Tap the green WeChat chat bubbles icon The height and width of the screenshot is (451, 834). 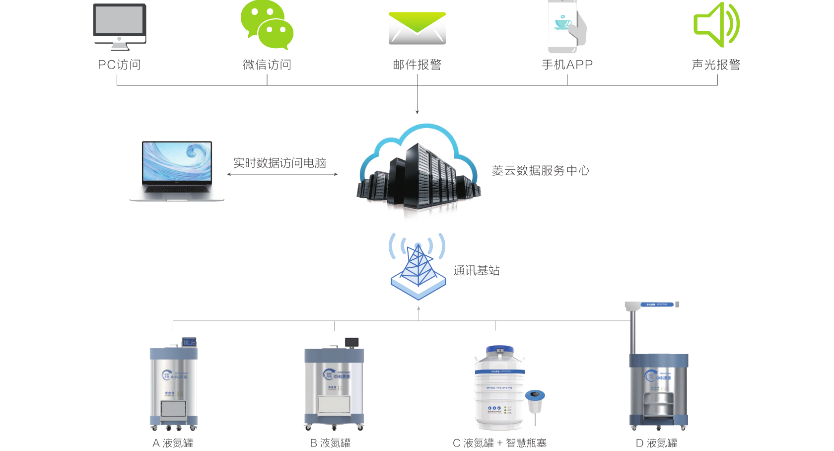(x=267, y=25)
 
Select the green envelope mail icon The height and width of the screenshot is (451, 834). (x=417, y=28)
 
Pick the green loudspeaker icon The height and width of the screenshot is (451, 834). (x=716, y=25)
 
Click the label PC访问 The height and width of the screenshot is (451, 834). (x=120, y=65)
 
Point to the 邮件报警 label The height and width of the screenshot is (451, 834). (x=417, y=65)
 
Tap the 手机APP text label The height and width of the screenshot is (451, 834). (x=567, y=65)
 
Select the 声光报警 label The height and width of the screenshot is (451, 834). (x=716, y=65)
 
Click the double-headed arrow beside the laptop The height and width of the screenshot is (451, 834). (x=282, y=174)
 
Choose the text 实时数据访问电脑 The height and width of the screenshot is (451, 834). (x=279, y=163)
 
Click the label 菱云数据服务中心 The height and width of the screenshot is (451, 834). (x=541, y=171)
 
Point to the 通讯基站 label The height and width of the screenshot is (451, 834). (x=476, y=270)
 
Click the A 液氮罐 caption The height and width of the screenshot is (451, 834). (x=173, y=443)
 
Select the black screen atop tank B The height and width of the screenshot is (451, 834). (x=351, y=342)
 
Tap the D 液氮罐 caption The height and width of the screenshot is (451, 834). (x=656, y=443)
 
